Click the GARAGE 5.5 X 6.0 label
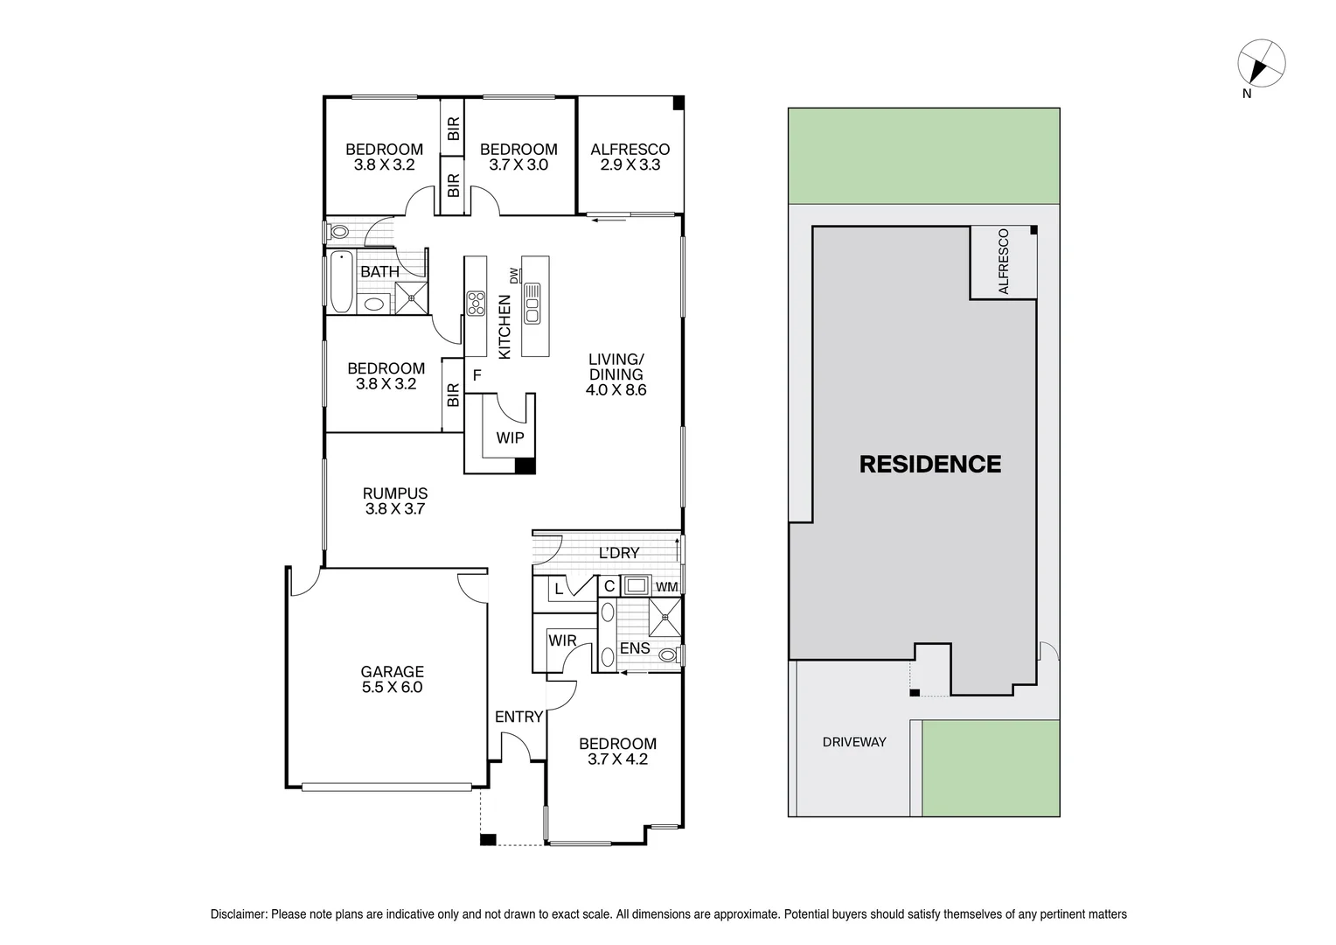tap(392, 680)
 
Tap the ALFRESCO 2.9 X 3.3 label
tap(630, 157)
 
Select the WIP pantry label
tap(510, 437)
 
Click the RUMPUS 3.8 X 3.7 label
tap(395, 500)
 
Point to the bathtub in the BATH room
tap(341, 282)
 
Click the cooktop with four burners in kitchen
tap(476, 303)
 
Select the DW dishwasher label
tap(514, 276)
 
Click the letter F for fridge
tap(477, 375)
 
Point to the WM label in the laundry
tap(666, 586)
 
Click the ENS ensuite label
tap(634, 648)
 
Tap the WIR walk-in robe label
tap(562, 640)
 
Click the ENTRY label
tap(518, 717)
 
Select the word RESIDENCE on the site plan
tap(929, 464)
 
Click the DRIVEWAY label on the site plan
tap(854, 742)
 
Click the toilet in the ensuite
tap(669, 654)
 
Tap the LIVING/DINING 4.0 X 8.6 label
tap(616, 374)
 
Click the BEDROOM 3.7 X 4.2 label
tap(617, 752)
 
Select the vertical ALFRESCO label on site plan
tap(1003, 261)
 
